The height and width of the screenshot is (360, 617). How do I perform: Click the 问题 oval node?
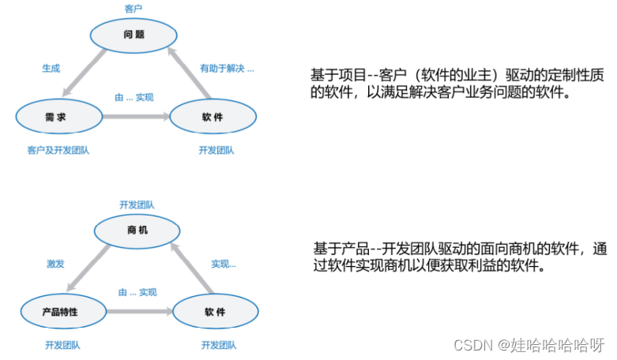pos(134,36)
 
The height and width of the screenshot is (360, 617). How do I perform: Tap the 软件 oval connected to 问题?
pos(213,117)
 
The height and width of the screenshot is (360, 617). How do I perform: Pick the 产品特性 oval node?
pos(60,312)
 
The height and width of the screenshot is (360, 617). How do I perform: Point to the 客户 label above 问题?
pos(134,9)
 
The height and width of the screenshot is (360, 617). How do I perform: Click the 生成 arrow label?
pos(51,69)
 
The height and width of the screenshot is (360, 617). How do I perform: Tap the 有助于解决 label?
pos(226,69)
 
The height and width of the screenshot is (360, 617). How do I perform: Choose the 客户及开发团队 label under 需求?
pos(58,150)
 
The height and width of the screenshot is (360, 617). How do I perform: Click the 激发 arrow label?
pos(55,263)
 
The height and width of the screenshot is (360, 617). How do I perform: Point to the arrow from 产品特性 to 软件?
pos(137,312)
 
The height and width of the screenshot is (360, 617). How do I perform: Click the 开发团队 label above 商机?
pos(137,204)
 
